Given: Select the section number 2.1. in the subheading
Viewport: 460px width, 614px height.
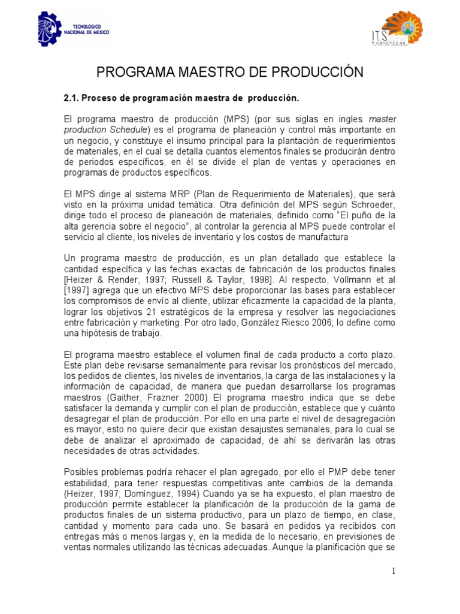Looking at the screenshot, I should point(71,97).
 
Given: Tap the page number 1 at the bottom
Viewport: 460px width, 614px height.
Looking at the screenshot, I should point(394,571).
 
